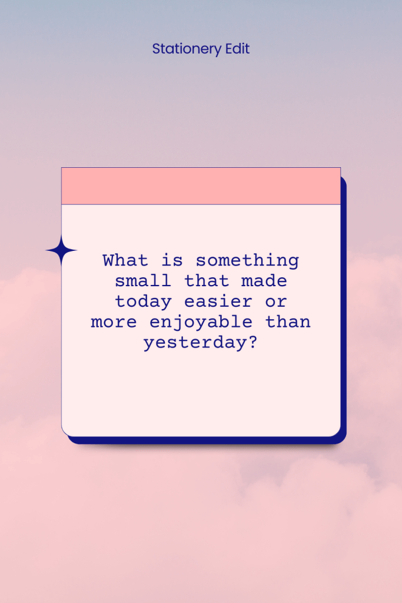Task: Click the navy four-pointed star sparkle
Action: pos(61,251)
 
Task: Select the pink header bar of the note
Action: pos(201,186)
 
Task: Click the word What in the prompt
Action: pos(125,260)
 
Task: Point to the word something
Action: pos(247,260)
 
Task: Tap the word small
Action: pos(144,281)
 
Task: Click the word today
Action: pos(144,301)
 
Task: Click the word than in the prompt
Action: pos(288,322)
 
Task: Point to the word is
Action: pos(172,260)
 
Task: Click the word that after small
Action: pos(207,281)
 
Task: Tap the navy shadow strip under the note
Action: pos(206,440)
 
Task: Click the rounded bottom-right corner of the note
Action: pos(335,432)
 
